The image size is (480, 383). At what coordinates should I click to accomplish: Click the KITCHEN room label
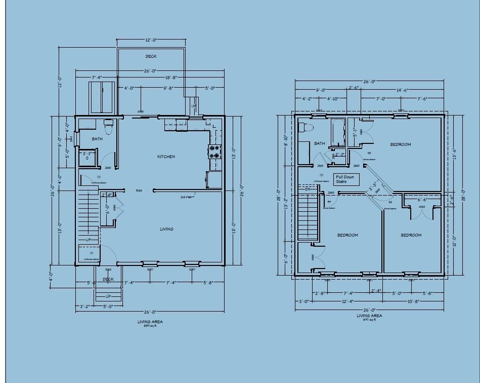tap(166, 157)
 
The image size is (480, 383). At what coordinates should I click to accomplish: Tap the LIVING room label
tap(166, 229)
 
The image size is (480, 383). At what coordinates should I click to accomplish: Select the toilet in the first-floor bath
tap(107, 124)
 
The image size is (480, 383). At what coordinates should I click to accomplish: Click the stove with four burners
tap(215, 152)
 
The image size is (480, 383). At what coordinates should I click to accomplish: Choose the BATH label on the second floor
tap(320, 143)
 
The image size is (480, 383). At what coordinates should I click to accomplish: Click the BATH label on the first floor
tap(97, 138)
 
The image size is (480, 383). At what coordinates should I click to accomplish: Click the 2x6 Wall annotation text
tap(187, 197)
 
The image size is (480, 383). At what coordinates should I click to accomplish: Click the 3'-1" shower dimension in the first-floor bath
tap(87, 153)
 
